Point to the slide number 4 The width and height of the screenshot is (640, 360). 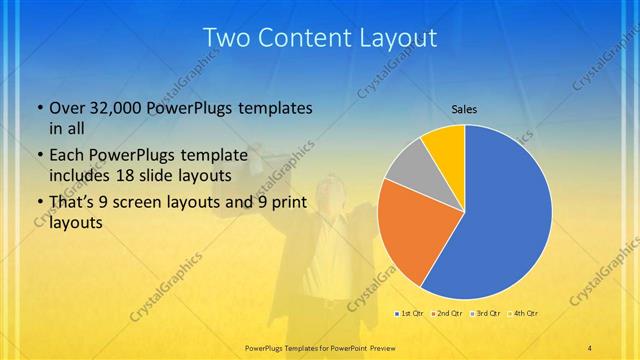[x=590, y=347]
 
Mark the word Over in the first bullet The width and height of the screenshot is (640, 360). [x=66, y=108]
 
